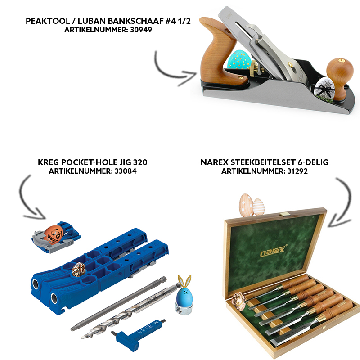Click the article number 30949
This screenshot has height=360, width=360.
click(x=141, y=30)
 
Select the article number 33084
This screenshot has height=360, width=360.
click(x=126, y=171)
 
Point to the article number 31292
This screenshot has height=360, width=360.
click(x=297, y=171)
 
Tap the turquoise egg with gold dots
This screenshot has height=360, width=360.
click(x=239, y=60)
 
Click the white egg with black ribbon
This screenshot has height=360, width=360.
click(x=324, y=89)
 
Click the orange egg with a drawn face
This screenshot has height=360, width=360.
click(x=54, y=234)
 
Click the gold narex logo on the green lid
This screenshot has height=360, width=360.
click(x=273, y=251)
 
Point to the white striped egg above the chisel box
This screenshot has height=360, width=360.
click(x=258, y=207)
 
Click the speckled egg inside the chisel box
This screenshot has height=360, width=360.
click(x=239, y=301)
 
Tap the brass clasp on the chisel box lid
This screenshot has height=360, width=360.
click(x=284, y=215)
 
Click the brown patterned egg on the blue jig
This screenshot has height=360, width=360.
click(x=79, y=270)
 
